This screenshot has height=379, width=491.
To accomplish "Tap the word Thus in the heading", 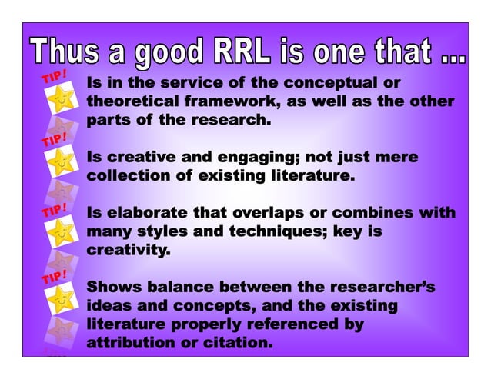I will pos(66,52).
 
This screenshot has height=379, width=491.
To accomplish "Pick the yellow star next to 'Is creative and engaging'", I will pos(60,164).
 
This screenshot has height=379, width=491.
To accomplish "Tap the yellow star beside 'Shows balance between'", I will pos(60,296).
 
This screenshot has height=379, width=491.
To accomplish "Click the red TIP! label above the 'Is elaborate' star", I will pos(54,210).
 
